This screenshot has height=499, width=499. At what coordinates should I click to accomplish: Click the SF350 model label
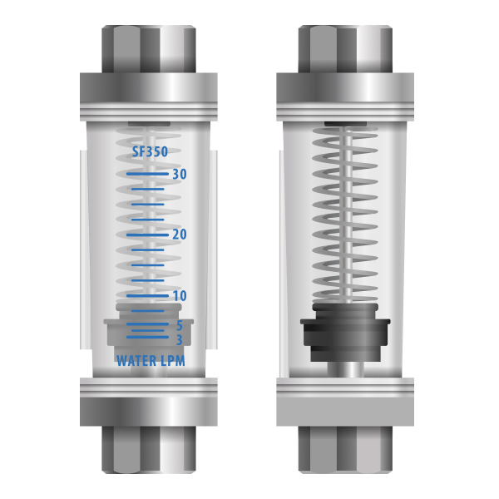150,151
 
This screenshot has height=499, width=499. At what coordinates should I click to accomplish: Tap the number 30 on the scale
180,174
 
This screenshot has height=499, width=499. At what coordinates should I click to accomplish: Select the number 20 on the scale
180,235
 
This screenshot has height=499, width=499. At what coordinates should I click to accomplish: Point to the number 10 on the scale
180,295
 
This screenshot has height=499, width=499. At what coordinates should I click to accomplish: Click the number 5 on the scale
180,325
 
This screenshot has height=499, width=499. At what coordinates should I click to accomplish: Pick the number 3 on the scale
180,340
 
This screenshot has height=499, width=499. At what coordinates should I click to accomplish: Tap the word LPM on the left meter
173,361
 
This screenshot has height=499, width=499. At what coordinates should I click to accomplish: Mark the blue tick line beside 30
147,174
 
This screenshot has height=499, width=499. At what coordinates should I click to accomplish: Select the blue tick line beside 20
147,235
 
